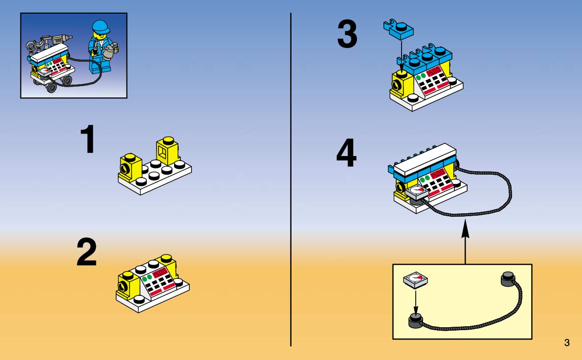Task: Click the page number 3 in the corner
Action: [567, 343]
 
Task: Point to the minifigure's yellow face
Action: [102, 35]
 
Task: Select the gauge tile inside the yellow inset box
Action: [416, 280]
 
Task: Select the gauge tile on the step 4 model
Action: [417, 192]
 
